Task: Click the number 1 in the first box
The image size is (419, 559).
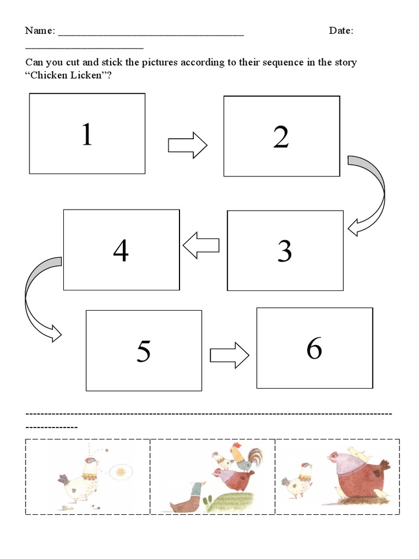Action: pyautogui.click(x=87, y=134)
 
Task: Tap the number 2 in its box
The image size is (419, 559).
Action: pyautogui.click(x=281, y=136)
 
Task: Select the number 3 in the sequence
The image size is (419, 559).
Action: pyautogui.click(x=284, y=251)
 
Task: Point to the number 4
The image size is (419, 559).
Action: pyautogui.click(x=121, y=251)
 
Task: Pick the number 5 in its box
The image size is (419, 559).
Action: pyautogui.click(x=143, y=351)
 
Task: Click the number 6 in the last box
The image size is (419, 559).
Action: pyautogui.click(x=314, y=348)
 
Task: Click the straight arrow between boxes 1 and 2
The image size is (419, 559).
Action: pyautogui.click(x=187, y=146)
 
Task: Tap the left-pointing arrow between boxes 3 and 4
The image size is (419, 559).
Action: pyautogui.click(x=200, y=245)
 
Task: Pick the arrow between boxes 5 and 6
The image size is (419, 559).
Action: pyautogui.click(x=229, y=355)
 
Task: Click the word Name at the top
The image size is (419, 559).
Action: pyautogui.click(x=39, y=31)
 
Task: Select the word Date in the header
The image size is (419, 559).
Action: pyautogui.click(x=340, y=31)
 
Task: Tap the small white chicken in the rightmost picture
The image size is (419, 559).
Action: pyautogui.click(x=298, y=480)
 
